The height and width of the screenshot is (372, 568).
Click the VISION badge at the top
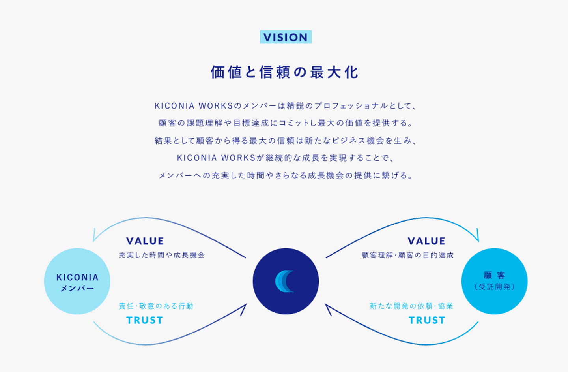[x=286, y=37]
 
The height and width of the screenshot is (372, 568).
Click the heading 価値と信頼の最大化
[x=284, y=72]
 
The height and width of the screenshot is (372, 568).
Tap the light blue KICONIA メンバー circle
[x=77, y=281]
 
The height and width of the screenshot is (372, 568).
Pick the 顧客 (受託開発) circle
[x=494, y=281]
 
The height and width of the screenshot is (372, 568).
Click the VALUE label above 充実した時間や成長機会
[x=145, y=241]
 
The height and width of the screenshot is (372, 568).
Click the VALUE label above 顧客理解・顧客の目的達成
[x=426, y=241]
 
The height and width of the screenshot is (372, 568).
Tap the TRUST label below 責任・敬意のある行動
[x=145, y=320]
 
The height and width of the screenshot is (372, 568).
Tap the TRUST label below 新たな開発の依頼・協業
[x=427, y=320]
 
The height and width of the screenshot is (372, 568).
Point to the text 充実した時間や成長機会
[x=162, y=255]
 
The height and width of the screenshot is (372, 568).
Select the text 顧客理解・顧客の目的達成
[x=407, y=255]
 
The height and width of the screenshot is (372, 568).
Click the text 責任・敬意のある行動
[x=156, y=306]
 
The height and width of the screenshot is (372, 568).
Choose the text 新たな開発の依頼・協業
[x=411, y=306]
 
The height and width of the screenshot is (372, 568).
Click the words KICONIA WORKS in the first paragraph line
[x=194, y=106]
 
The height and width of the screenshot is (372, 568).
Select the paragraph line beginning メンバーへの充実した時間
[x=286, y=175]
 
